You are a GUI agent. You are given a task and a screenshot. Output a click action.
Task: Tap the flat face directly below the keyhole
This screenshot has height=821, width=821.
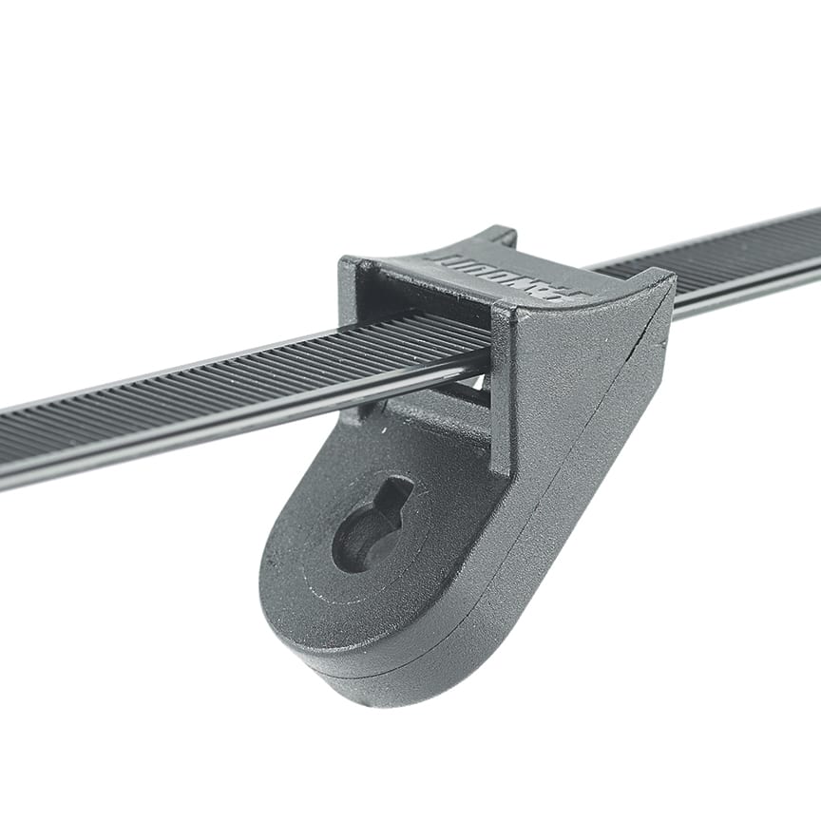pos(380,608)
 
